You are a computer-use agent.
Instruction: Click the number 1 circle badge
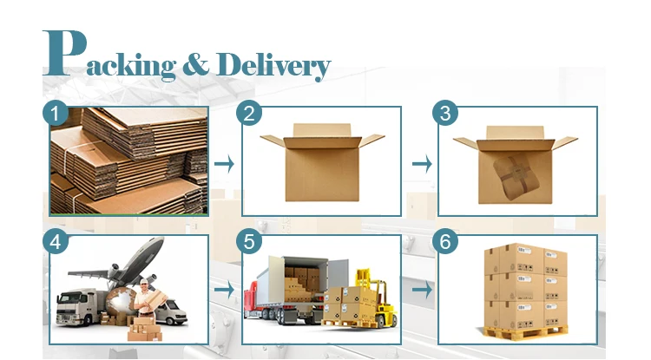coord(57,114)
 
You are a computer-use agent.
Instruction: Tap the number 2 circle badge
coord(251,114)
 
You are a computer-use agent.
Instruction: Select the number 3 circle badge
coord(445,114)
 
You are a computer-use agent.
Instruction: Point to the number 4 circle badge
coord(57,242)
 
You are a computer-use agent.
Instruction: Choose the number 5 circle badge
coord(251,242)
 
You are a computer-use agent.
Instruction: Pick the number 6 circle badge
coord(445,242)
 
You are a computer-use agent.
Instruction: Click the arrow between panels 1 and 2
coord(223,163)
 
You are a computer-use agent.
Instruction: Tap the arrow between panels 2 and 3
coord(420,163)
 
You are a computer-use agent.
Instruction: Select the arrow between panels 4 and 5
coord(223,289)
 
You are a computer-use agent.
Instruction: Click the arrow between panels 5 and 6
coord(420,289)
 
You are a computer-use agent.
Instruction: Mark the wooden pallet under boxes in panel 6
coord(526,331)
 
